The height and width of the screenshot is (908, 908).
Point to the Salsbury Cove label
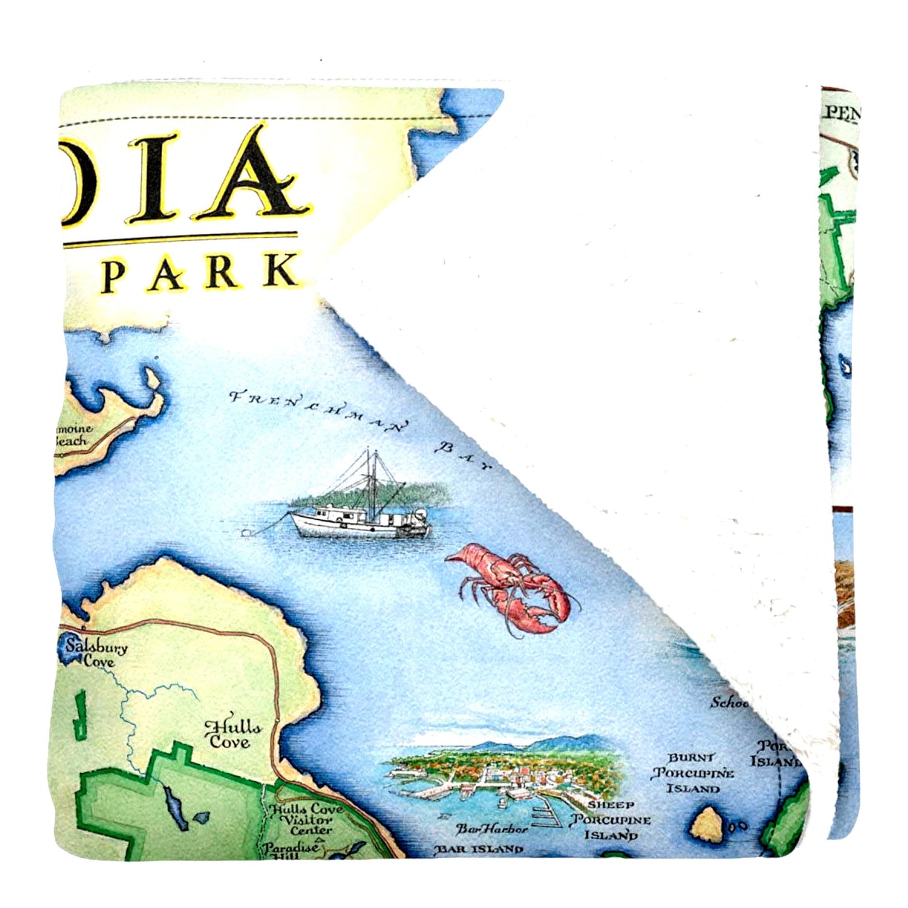pos(96,653)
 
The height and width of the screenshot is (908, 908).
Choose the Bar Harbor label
pos(492,829)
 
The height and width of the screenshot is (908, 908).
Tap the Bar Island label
pos(479,850)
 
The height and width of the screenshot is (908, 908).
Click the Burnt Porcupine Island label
pos(692,773)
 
